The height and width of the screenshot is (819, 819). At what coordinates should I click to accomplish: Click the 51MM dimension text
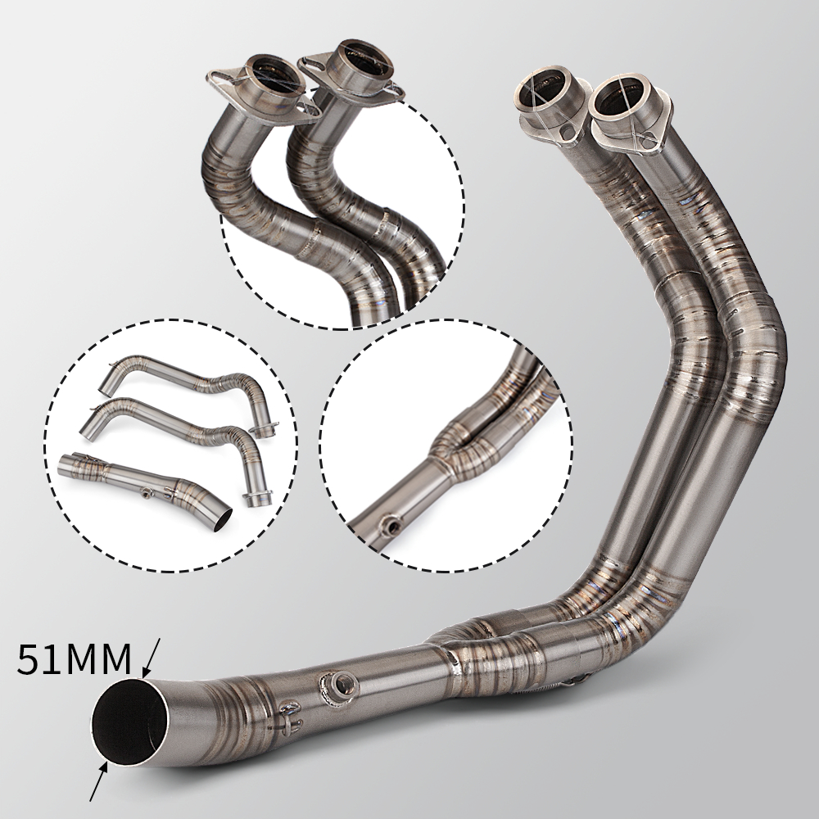[x=74, y=659]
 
